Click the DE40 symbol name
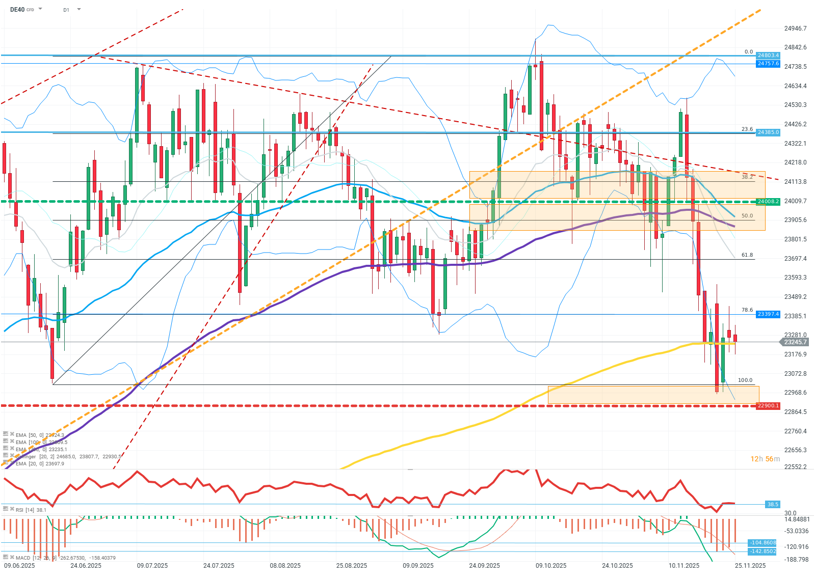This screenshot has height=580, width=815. (17, 9)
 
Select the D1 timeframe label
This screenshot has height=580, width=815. (66, 10)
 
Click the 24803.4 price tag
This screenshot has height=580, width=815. (768, 55)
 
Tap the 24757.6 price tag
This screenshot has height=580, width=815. (768, 64)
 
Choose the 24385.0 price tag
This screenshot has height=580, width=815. (768, 132)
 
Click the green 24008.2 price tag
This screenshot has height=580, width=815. (768, 202)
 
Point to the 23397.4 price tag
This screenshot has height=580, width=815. (768, 314)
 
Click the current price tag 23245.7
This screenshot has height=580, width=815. (795, 342)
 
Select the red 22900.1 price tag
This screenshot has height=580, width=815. (768, 406)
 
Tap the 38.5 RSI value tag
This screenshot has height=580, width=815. (773, 504)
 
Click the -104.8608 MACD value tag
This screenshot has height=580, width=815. (763, 543)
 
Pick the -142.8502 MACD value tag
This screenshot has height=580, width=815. (763, 551)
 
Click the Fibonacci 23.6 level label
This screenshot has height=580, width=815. (747, 129)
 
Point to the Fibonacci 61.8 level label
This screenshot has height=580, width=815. (747, 255)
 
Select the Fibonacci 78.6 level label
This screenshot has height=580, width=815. (747, 310)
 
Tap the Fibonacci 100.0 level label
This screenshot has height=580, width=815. (745, 380)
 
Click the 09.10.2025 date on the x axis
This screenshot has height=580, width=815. (551, 566)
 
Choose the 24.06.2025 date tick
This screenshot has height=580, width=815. (86, 566)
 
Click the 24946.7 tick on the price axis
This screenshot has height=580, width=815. (795, 29)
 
